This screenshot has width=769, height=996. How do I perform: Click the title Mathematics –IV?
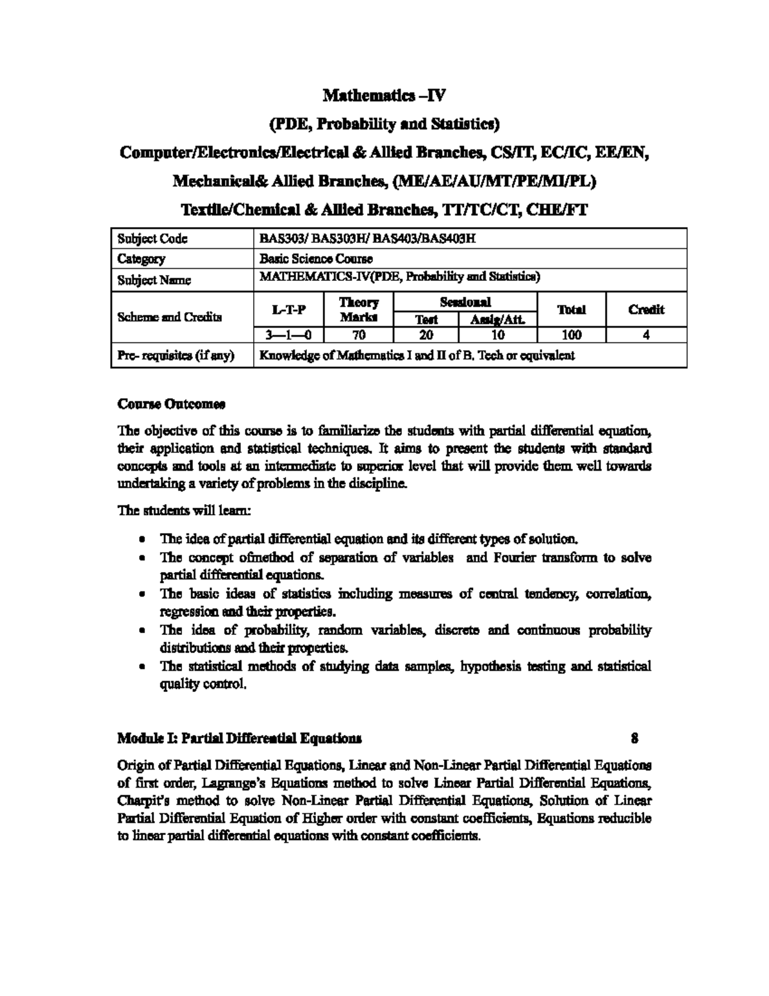pos(383,96)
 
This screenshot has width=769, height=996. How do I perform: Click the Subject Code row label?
pos(152,239)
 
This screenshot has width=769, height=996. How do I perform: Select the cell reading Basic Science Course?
pos(315,259)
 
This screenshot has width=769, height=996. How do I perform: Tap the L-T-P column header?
pos(288,310)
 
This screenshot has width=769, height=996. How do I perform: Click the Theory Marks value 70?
pos(358,335)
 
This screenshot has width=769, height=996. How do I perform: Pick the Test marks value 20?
pos(426,335)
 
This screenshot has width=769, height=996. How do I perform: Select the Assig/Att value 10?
pos(497,335)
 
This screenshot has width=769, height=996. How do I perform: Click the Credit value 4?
pos(646,335)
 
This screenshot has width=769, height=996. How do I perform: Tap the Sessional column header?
pos(465,301)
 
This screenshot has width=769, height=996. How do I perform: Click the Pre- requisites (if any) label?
pos(176,355)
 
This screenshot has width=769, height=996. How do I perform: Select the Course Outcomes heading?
pos(171,405)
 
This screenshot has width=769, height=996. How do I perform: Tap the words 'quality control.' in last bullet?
pos(203,684)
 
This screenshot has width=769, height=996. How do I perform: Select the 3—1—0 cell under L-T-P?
pos(288,335)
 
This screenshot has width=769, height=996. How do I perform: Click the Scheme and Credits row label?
pos(170,317)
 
